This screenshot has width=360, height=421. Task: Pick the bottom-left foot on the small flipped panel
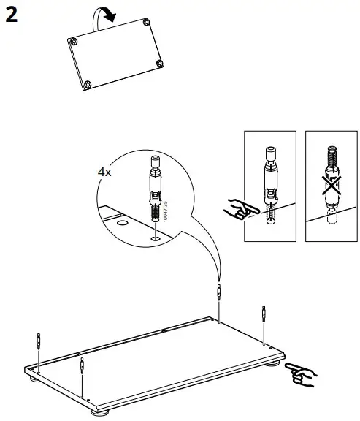click(88, 84)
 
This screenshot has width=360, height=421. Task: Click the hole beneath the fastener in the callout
click(156, 238)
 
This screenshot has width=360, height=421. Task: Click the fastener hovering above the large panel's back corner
click(219, 293)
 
